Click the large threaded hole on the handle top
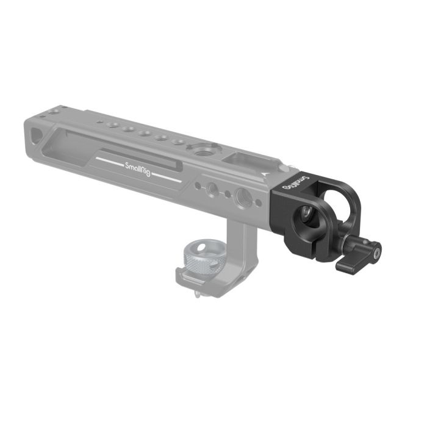pyautogui.click(x=199, y=148)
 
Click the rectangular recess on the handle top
pyautogui.click(x=239, y=160)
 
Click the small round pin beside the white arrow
pyautogui.click(x=282, y=167)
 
